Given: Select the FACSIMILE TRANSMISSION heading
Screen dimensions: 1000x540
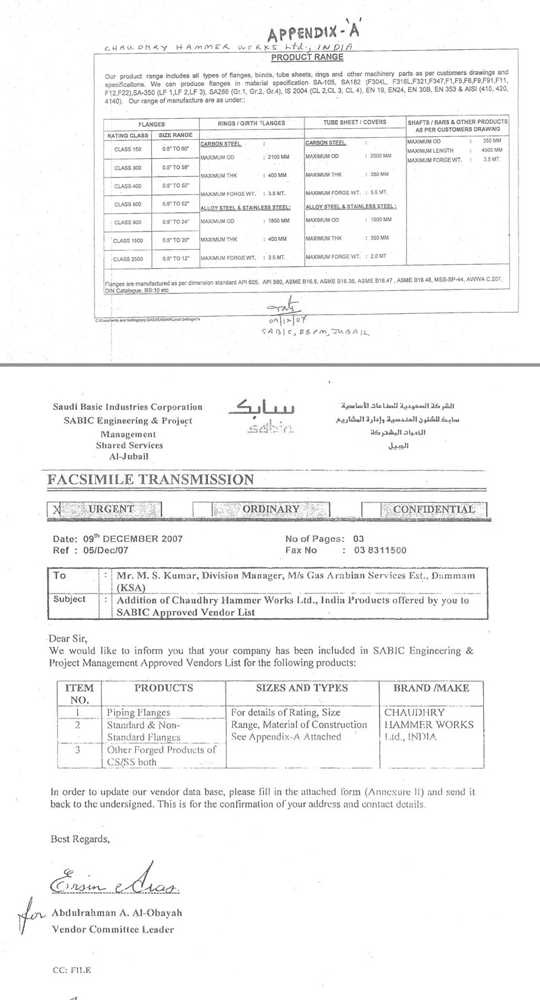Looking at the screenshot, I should (151, 480).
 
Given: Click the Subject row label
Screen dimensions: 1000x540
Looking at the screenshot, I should (70, 599).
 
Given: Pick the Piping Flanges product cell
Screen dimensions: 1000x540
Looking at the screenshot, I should (138, 712).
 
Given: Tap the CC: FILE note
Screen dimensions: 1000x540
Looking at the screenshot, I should (71, 970).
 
